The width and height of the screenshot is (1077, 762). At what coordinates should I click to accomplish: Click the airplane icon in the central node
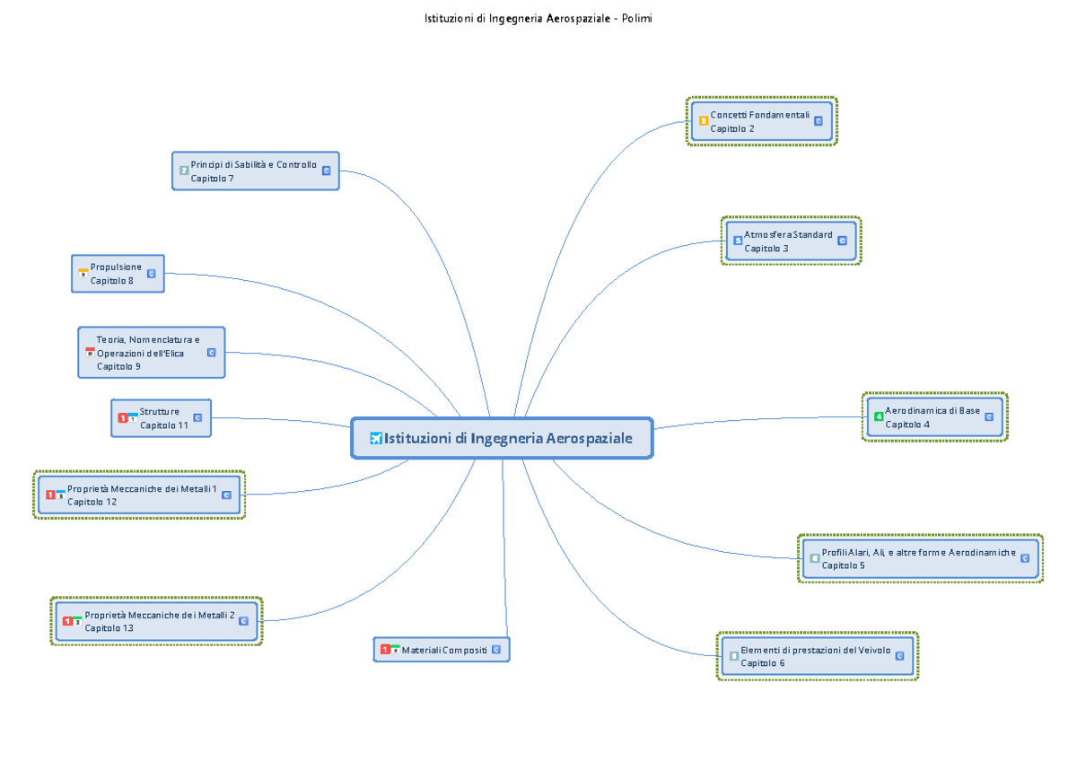(376, 439)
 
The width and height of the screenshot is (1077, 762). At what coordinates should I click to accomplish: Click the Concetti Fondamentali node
(762, 121)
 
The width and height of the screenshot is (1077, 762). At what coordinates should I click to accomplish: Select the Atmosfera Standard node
(791, 241)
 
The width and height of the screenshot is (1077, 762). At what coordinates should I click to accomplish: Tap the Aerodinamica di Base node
(934, 416)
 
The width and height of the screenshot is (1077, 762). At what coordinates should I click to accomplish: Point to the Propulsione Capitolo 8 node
(118, 274)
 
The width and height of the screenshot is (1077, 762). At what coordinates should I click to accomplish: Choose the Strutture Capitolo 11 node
(161, 417)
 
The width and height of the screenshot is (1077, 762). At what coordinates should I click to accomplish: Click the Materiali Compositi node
(442, 650)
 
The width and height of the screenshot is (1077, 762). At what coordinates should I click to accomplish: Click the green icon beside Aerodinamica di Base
(879, 416)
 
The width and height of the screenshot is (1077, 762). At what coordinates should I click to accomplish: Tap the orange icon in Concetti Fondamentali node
(703, 120)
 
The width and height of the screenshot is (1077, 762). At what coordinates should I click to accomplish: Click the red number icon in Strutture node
(123, 417)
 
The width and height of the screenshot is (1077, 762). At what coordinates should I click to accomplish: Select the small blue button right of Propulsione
(152, 274)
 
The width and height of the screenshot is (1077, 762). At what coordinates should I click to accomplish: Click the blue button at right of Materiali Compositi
(496, 650)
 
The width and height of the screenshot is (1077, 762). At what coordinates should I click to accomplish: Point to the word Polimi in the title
(636, 18)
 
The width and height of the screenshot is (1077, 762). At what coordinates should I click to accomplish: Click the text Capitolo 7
(212, 179)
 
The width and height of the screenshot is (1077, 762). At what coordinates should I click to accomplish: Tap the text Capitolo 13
(109, 628)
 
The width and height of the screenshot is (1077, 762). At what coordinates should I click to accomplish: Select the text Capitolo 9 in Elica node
(118, 366)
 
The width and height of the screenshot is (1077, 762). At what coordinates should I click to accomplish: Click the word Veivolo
(874, 650)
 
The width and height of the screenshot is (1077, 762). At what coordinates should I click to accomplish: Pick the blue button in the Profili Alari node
(1025, 558)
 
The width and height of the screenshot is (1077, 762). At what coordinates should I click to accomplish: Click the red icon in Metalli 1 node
(50, 495)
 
